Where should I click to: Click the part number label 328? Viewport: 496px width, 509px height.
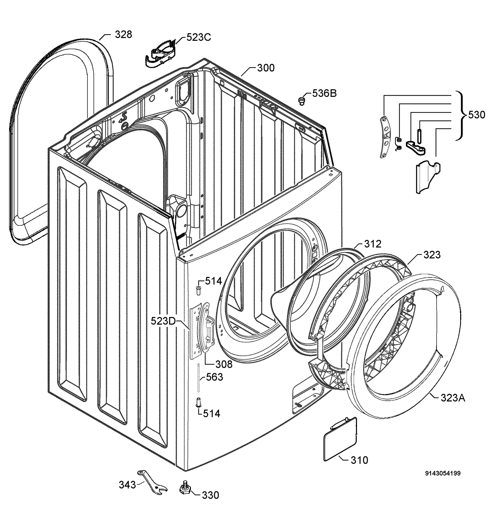123,34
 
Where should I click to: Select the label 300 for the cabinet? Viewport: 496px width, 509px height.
266,68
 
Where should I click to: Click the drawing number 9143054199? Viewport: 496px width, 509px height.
443,473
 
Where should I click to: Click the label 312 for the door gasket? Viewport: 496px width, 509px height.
373,244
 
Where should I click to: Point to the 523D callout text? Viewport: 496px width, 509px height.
163,321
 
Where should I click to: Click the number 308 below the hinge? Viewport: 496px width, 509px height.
224,364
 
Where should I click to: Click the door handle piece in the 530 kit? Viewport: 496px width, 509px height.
426,177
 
